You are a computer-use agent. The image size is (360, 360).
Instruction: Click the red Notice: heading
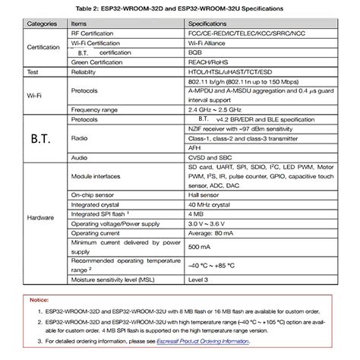coord(39,300)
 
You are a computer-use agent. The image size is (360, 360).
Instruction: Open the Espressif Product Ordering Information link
coord(206,343)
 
